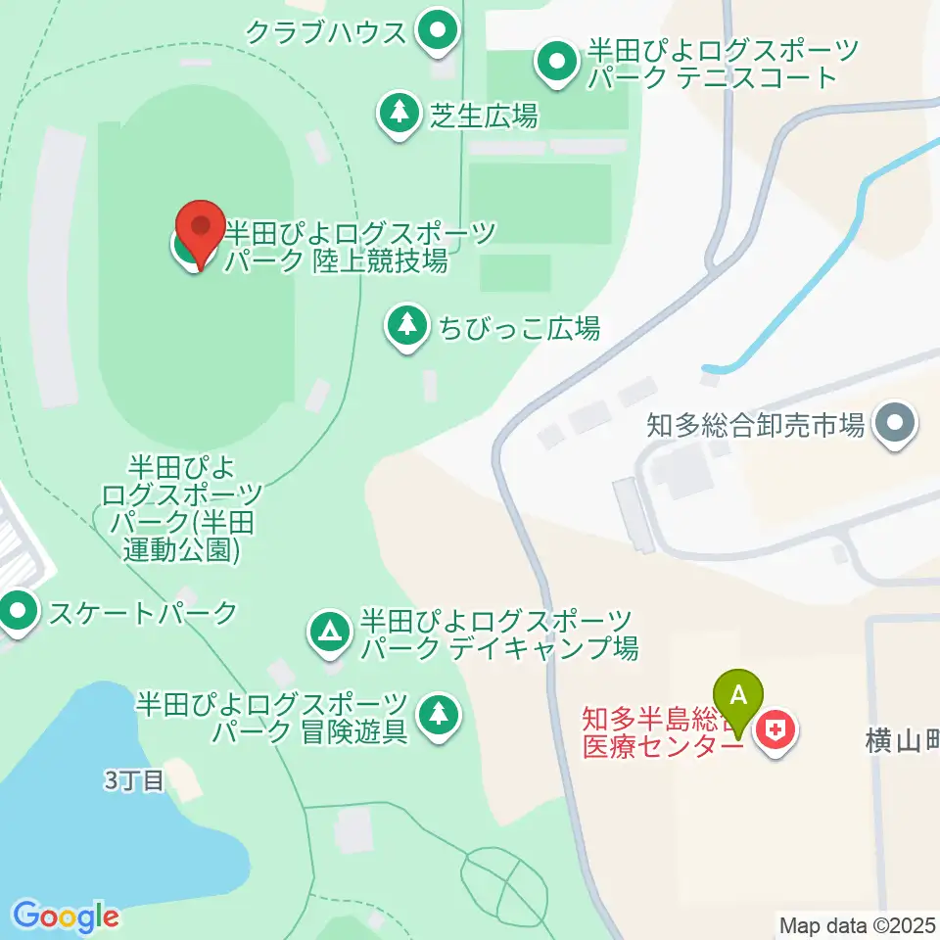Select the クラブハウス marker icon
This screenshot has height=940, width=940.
437,32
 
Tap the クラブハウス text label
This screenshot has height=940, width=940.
325,33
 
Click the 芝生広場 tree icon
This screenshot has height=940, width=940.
399,114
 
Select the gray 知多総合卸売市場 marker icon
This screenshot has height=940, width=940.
896,425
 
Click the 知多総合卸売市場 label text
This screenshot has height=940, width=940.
755,425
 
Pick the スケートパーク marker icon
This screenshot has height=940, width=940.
16,614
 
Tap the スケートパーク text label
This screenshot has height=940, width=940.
143,614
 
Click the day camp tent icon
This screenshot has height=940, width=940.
330,632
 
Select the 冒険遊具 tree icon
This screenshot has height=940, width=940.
437,716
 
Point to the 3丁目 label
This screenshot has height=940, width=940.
133,780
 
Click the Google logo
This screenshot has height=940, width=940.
66,916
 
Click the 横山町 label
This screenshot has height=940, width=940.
902,744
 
